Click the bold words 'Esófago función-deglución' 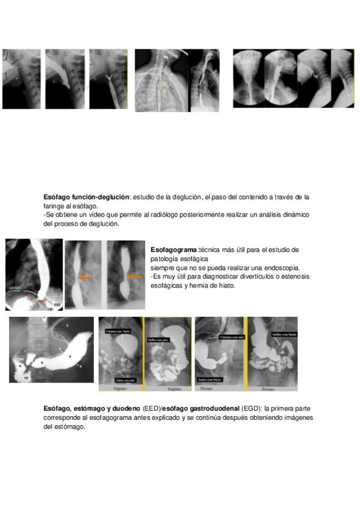point(87,197)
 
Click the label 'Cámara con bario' point(117,331)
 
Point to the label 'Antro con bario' point(210,379)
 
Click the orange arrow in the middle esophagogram point(88,278)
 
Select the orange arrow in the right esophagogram point(136,277)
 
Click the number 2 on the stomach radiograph point(68,325)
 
